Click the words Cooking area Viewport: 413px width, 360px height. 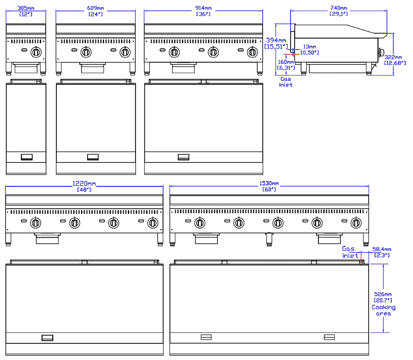pyautogui.click(x=383, y=310)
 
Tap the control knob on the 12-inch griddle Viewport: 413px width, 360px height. pyautogui.click(x=36, y=52)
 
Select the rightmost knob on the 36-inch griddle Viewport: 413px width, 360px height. pyautogui.click(x=252, y=52)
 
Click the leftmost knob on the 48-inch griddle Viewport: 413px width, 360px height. pyautogui.click(x=35, y=223)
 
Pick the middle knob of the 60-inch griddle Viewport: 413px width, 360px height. pyautogui.click(x=278, y=223)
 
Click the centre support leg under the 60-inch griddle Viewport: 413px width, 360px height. pyautogui.click(x=269, y=240)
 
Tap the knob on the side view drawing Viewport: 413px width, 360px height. pyautogui.click(x=381, y=53)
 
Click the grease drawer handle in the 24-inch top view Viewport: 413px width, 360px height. pyautogui.click(x=93, y=157)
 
